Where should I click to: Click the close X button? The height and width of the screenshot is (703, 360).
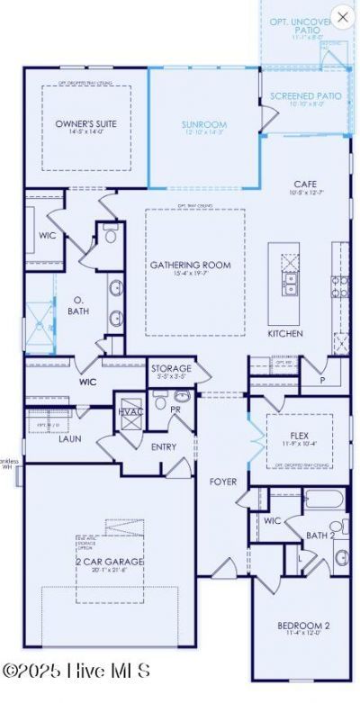342,16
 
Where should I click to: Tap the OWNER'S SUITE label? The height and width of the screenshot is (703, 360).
86,123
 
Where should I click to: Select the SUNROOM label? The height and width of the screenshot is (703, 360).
203,124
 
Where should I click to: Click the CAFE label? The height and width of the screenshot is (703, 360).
306,184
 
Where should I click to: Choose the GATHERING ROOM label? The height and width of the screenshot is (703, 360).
190,265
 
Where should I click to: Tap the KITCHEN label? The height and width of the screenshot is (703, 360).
284,333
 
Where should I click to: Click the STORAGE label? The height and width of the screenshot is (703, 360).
171,369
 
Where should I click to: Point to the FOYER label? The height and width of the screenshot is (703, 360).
223,482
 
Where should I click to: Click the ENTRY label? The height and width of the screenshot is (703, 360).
164,446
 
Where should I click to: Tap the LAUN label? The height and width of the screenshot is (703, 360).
70,439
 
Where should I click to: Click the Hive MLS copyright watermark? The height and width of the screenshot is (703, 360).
76,671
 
